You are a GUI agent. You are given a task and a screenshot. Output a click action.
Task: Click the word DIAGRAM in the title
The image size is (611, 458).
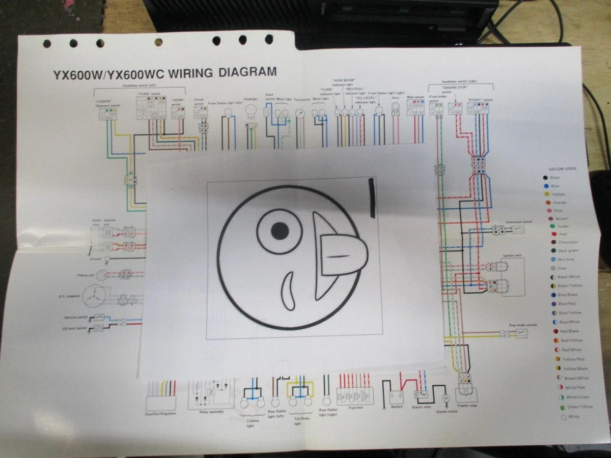coord(247,72)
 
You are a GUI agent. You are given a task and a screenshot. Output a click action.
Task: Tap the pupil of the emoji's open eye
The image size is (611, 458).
coord(280,231)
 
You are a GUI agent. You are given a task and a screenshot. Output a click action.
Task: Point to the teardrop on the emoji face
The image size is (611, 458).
coord(288,291)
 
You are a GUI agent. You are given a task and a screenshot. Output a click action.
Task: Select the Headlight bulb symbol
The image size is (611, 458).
coord(251,110)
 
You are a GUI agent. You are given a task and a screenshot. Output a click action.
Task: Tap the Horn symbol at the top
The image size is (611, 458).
coord(395,107)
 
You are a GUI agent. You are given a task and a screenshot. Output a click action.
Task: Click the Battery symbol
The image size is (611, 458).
coord(397,396)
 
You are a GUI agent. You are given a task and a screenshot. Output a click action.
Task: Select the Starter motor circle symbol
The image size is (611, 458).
coord(445,396)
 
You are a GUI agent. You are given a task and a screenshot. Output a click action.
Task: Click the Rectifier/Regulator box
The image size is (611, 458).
coord(161,403)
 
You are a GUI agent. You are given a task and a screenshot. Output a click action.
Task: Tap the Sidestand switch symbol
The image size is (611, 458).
coord(517,230)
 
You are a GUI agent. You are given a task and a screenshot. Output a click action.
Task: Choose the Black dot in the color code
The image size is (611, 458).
coord(545,178)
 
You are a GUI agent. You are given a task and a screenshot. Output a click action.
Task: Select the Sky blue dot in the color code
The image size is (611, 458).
coord(546,259)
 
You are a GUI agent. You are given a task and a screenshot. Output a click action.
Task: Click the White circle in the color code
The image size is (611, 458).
coord(564,417)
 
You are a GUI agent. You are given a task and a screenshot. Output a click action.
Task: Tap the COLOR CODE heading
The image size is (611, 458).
coord(563,169)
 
